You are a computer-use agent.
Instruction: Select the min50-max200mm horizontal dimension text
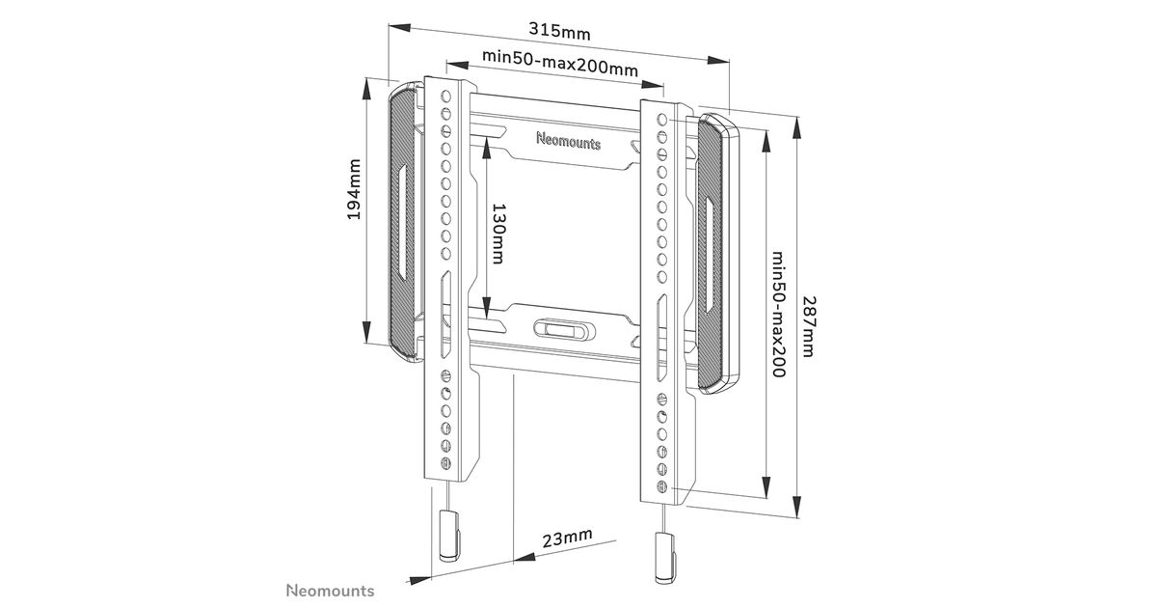[x=560, y=69]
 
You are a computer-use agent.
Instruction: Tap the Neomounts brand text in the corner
[x=330, y=590]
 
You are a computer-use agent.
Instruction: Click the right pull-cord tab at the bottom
[x=662, y=557]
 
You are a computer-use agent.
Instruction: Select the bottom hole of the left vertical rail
[x=445, y=463]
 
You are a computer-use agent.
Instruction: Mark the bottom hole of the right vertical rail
[x=661, y=484]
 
